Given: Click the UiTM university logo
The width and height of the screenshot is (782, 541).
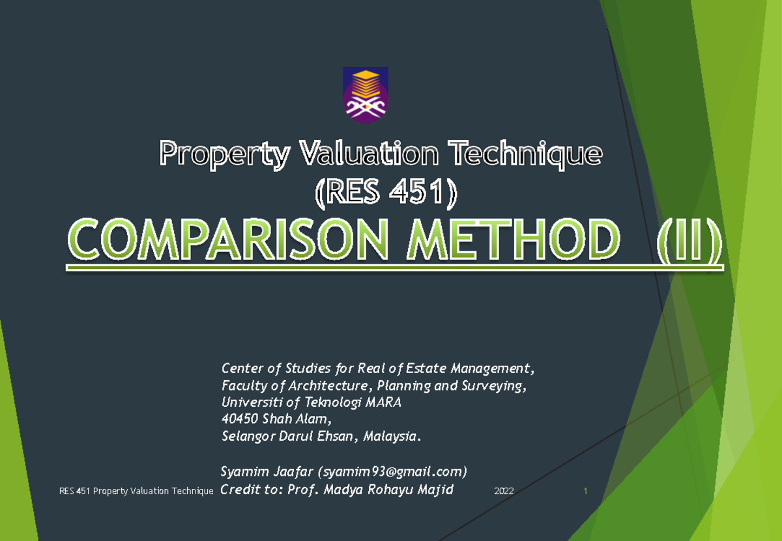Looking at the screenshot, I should [x=366, y=95].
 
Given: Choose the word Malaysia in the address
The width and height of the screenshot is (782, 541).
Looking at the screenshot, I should [x=392, y=436].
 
